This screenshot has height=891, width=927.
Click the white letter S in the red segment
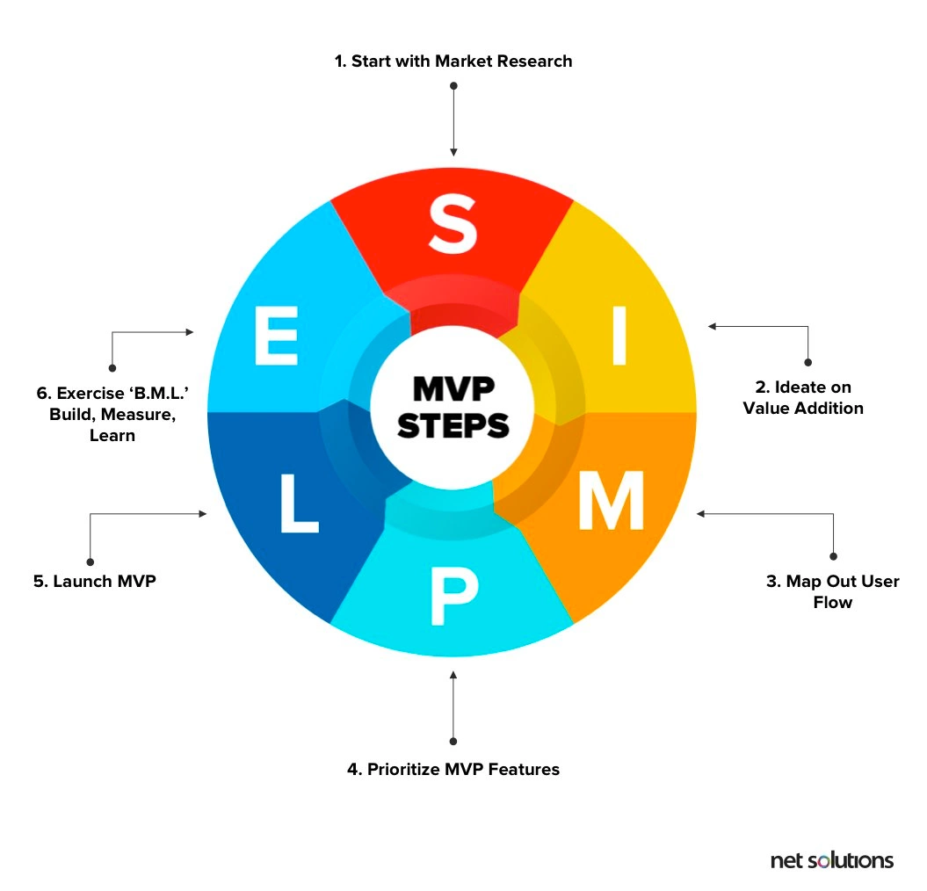[453, 226]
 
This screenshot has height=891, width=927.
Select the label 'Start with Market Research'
[453, 61]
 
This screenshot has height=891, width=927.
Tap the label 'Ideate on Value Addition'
[803, 397]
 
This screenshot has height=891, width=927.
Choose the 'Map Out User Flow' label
[832, 591]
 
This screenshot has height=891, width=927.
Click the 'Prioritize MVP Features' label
[453, 770]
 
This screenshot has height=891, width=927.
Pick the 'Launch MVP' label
[95, 582]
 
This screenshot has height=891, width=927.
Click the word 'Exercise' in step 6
[88, 394]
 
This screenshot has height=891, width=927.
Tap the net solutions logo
[831, 859]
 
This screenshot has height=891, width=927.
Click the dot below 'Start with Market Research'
[453, 86]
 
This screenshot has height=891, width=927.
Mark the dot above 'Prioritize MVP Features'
[453, 741]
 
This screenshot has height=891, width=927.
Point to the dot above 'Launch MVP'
[90, 561]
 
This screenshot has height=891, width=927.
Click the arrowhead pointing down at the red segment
[453, 151]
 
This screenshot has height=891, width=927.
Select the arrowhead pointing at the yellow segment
[713, 327]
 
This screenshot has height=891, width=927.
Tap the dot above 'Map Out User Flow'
[833, 556]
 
